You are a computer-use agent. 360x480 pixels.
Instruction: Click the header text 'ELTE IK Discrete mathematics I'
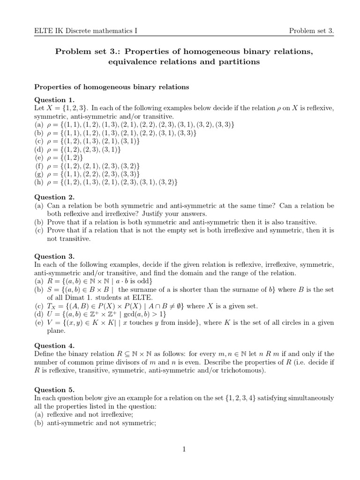[x=86, y=31]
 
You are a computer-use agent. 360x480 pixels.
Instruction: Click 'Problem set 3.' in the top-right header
[x=311, y=31]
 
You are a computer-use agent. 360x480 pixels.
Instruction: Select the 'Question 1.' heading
[x=55, y=100]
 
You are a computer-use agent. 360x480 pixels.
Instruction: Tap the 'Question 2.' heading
[x=55, y=197]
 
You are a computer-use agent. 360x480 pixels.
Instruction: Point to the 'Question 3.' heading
[x=55, y=256]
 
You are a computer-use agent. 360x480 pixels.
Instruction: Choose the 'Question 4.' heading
[x=55, y=345]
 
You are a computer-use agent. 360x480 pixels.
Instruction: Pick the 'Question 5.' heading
[x=55, y=390]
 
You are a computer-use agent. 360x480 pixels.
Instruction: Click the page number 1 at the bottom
[x=185, y=450]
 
